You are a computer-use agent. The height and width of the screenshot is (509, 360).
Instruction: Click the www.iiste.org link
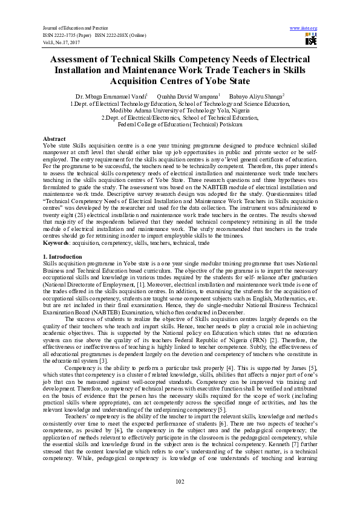tap(304, 28)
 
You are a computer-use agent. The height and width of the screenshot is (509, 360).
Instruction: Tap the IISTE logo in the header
tap(310, 39)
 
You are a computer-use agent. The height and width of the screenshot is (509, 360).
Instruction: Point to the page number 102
tap(180, 481)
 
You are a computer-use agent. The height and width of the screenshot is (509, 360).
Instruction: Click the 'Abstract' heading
tap(54, 138)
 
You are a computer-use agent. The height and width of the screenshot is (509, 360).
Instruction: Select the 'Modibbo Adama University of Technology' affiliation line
tap(180, 110)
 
